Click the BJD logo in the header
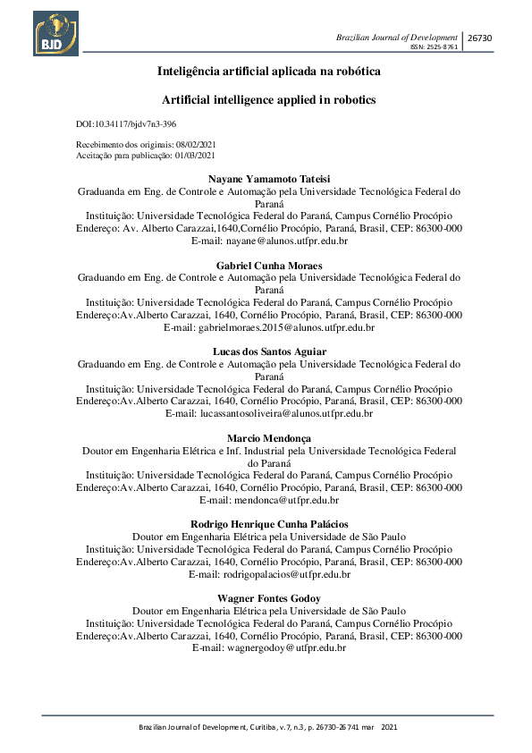coord(55,33)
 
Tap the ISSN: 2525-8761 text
coord(434,47)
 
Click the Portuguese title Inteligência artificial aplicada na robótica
coord(268,70)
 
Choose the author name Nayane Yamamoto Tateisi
coord(268,178)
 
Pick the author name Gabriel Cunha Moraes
coord(268,266)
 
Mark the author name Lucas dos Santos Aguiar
coord(268,352)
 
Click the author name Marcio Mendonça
coord(268,439)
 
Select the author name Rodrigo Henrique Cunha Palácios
coord(268,524)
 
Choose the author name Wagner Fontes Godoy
coord(268,597)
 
